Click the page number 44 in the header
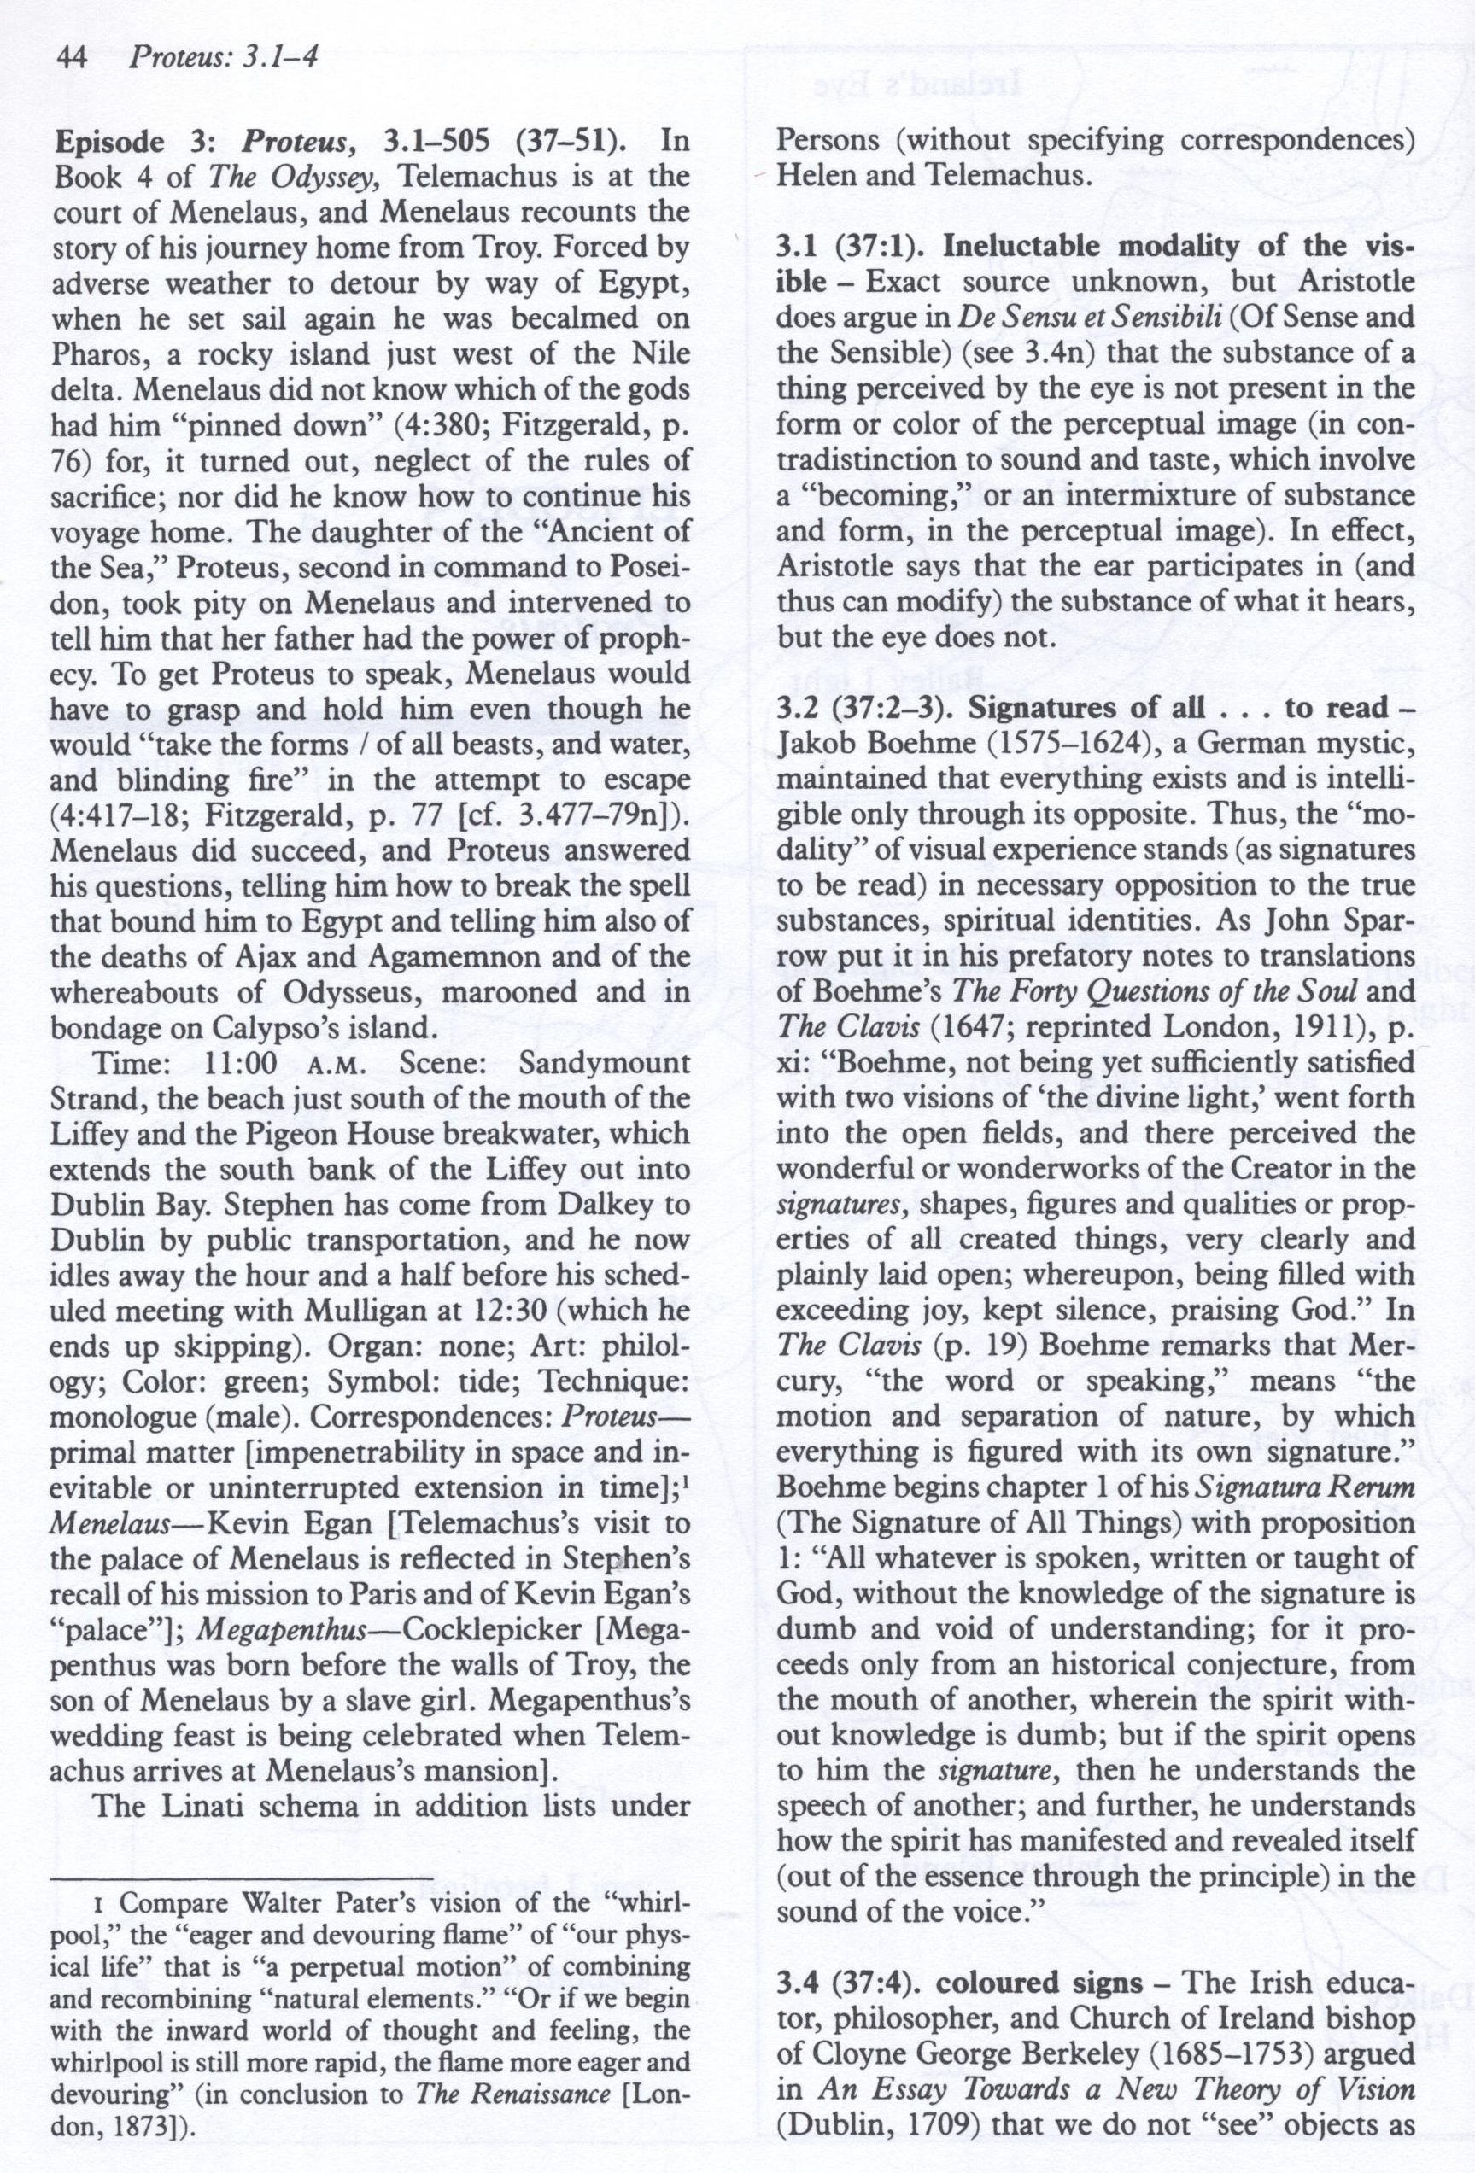(72, 58)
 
